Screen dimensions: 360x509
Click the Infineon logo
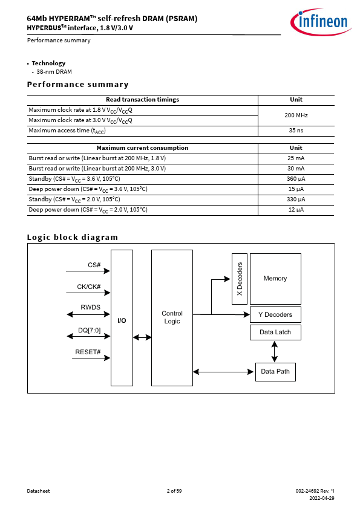pyautogui.click(x=321, y=22)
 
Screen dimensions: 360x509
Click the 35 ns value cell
pyautogui.click(x=296, y=131)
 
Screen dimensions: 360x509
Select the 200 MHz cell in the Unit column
pyautogui.click(x=296, y=115)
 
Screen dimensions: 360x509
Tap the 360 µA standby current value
pyautogui.click(x=296, y=179)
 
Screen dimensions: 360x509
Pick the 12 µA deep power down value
pyautogui.click(x=296, y=210)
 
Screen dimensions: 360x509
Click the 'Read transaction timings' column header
pyautogui.click(x=142, y=100)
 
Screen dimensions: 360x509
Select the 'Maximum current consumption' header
pyautogui.click(x=142, y=148)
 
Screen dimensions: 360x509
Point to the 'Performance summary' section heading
pyautogui.click(x=77, y=85)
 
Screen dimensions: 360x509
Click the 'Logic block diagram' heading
pyautogui.click(x=73, y=238)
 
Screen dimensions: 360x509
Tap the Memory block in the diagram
pyautogui.click(x=275, y=279)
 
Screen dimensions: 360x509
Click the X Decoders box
pyautogui.click(x=240, y=279)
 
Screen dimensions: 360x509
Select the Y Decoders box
pyautogui.click(x=275, y=314)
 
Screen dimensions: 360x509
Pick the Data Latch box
pyautogui.click(x=275, y=332)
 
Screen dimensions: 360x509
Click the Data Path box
pyautogui.click(x=275, y=372)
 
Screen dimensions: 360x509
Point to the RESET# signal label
pyautogui.click(x=88, y=352)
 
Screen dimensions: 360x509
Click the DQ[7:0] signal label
pyautogui.click(x=90, y=331)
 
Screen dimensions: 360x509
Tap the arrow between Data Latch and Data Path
pyautogui.click(x=275, y=352)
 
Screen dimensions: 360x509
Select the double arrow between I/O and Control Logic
pyautogui.click(x=142, y=337)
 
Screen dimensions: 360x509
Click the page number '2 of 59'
pyautogui.click(x=174, y=491)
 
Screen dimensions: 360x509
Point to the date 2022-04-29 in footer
pyautogui.click(x=322, y=498)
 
